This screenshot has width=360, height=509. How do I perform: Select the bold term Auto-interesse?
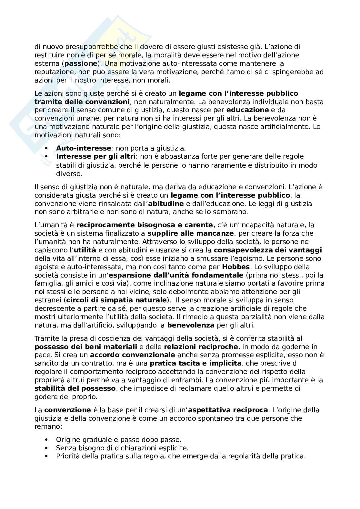[84, 148]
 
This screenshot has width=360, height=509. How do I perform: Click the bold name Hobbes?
[236, 267]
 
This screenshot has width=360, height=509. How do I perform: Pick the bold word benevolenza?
[191, 325]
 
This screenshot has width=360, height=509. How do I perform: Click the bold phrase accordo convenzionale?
[133, 355]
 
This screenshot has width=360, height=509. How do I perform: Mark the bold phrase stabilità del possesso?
[75, 388]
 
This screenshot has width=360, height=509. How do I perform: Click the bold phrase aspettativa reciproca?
[228, 410]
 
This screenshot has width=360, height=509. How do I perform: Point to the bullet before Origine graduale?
[46, 440]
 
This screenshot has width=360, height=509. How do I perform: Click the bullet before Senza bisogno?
[46, 448]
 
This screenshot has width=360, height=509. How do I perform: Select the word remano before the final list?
[46, 427]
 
